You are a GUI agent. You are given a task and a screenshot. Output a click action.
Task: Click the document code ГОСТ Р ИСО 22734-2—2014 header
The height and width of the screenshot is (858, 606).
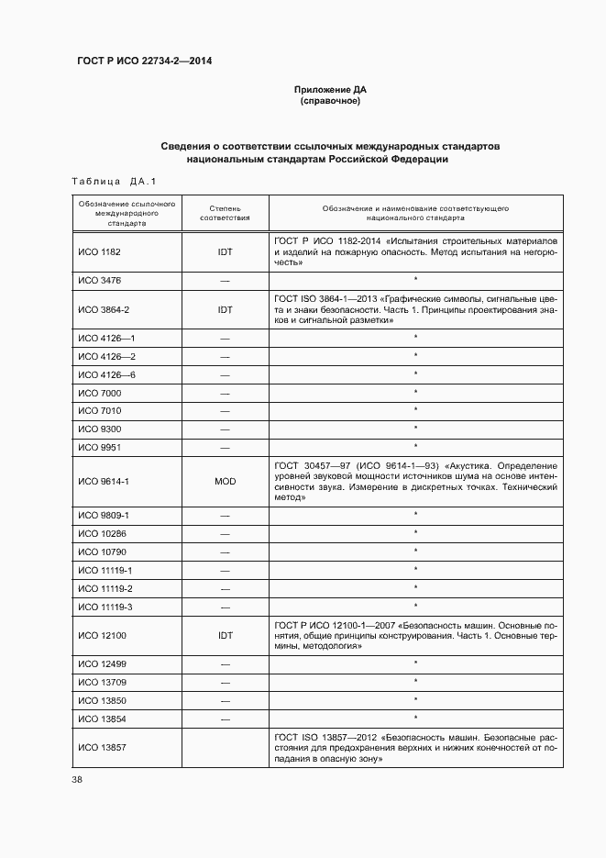(146, 61)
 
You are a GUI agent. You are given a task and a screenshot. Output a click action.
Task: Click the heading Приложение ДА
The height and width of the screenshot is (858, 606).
(330, 89)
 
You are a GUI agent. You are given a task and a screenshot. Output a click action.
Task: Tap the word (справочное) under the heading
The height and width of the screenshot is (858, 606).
(330, 101)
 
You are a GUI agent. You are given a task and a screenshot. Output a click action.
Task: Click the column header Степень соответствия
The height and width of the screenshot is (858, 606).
(225, 214)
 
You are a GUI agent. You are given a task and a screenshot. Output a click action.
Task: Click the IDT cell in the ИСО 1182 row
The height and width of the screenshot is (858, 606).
(225, 251)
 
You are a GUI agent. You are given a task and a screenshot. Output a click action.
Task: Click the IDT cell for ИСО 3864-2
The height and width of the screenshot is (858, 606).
(225, 310)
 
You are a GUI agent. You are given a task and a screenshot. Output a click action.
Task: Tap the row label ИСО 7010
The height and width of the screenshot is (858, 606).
(99, 410)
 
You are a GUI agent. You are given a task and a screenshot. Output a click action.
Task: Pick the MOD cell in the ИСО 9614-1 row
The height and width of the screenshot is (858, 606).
(225, 481)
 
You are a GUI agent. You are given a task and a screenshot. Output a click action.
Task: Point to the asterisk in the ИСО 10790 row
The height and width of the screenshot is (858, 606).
(415, 552)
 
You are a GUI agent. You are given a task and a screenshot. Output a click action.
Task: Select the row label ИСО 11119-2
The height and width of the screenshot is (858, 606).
(105, 588)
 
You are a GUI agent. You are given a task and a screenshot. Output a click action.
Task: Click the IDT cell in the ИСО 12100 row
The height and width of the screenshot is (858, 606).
(225, 635)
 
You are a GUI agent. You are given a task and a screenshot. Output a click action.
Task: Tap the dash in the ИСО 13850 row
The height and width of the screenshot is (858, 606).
(225, 700)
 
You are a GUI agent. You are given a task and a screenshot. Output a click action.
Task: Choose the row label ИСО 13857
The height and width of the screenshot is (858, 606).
(101, 748)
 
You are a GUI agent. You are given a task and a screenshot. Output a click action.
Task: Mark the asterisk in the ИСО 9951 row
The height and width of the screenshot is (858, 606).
(415, 447)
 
